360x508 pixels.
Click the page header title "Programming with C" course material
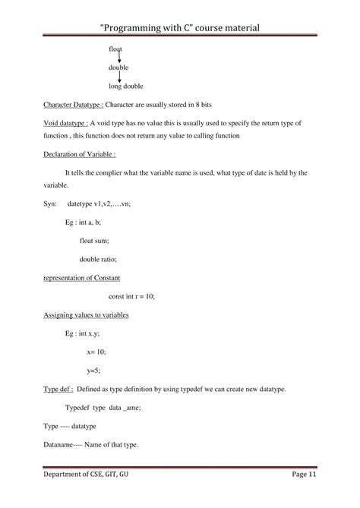click(180, 27)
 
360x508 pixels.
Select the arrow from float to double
click(119, 58)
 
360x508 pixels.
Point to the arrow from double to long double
click(119, 77)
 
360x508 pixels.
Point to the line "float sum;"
click(94, 241)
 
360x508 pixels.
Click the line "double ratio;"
click(99, 259)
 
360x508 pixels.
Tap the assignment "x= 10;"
click(96, 352)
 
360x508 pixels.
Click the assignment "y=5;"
click(93, 370)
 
